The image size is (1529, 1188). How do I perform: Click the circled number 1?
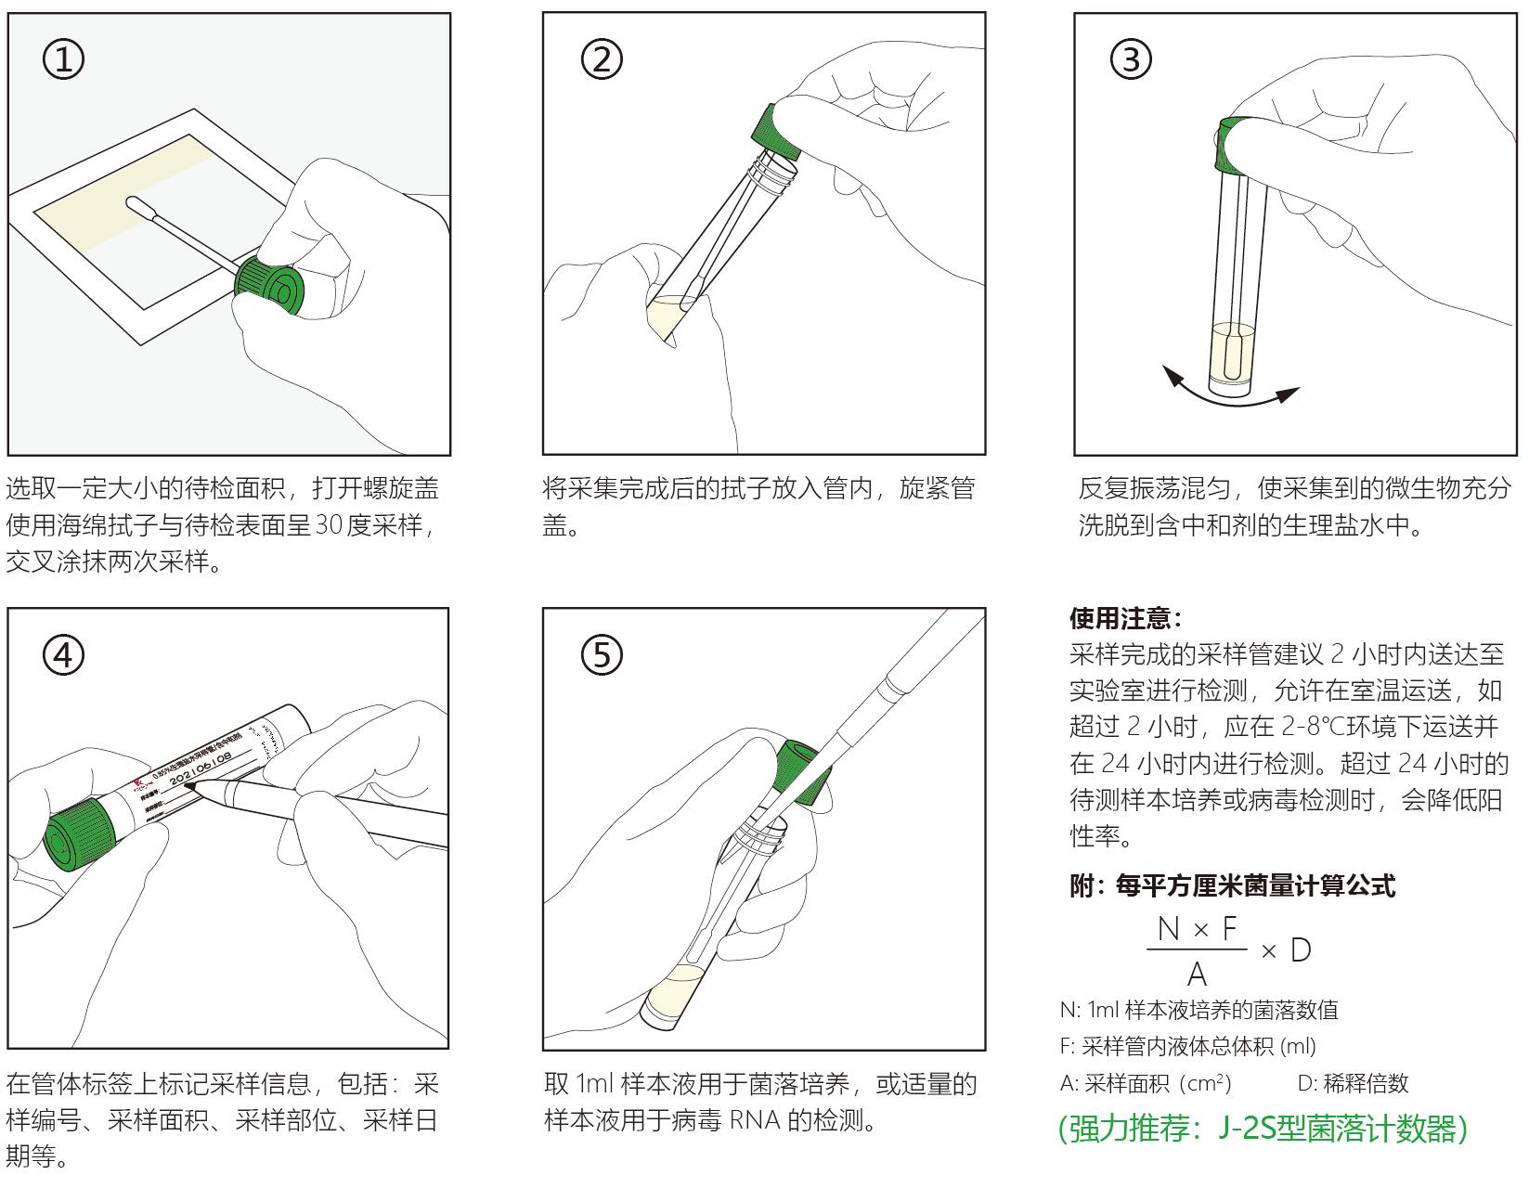pos(64,60)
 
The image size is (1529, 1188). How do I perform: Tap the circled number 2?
pos(602,60)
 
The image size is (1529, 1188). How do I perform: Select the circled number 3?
pos(1131,60)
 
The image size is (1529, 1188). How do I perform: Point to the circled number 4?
pos(64,655)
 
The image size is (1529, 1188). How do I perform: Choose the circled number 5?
pos(602,655)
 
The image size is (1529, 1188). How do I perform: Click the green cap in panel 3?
pos(1232,146)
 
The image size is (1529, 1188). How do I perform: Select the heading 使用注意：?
pos(1126,618)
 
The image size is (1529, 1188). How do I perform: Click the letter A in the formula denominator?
pos(1197,975)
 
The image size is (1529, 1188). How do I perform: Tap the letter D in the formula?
pos(1301,950)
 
